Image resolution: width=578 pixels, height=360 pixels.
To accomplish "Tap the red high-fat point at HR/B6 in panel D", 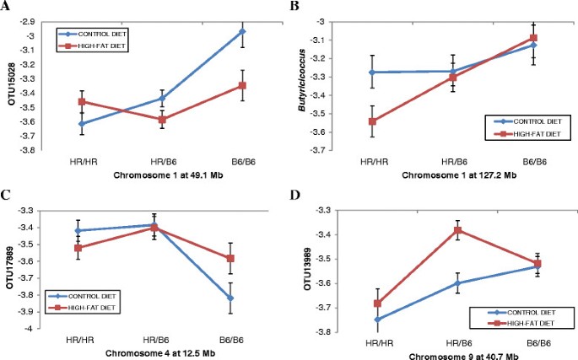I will click(x=435, y=230).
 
